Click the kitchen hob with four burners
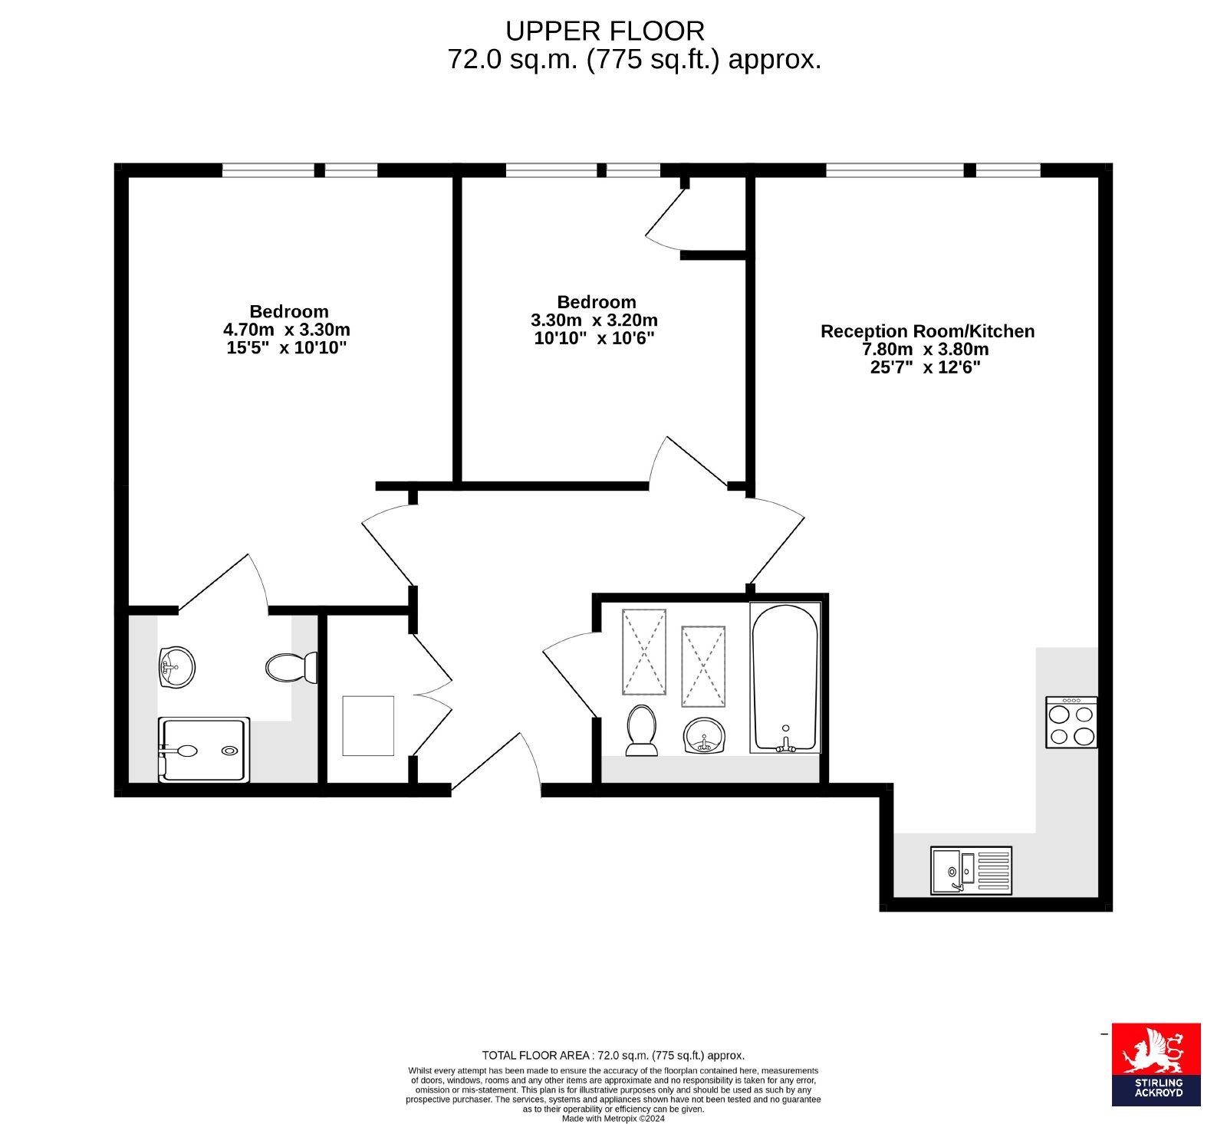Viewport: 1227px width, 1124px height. (x=1071, y=722)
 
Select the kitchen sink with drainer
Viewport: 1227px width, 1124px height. (x=971, y=870)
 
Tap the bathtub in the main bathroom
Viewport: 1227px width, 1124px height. (x=785, y=678)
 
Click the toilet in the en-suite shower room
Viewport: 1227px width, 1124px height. (x=291, y=667)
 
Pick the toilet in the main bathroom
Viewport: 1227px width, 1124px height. (x=641, y=731)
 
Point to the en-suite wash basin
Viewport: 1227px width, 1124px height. (x=177, y=667)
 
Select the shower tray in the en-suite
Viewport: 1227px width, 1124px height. (x=204, y=750)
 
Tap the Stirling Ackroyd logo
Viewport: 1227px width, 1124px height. (x=1156, y=1064)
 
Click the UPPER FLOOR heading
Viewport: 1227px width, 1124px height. (x=605, y=31)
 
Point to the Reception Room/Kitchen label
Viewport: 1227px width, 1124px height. (x=927, y=331)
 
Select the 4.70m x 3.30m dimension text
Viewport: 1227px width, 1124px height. (x=287, y=330)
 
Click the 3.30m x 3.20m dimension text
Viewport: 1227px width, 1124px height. (x=594, y=320)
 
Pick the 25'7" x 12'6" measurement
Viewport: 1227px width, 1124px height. (x=926, y=367)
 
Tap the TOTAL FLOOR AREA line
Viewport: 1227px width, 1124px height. (x=613, y=1055)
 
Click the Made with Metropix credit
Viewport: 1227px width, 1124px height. (x=613, y=1118)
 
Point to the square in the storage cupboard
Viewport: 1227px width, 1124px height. (x=368, y=725)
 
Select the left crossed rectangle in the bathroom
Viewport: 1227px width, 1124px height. (x=644, y=652)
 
